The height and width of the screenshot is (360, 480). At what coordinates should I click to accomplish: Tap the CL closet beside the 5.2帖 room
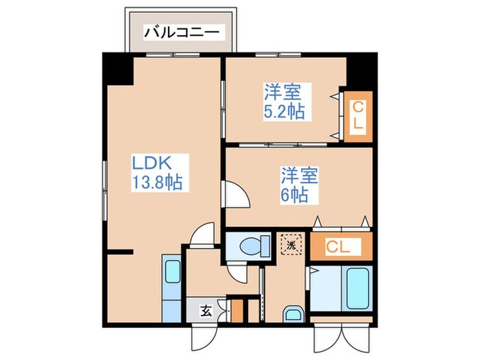coord(359,117)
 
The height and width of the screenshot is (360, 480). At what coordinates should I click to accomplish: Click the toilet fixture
coord(250,245)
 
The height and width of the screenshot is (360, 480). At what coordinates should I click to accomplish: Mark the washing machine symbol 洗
coord(291,244)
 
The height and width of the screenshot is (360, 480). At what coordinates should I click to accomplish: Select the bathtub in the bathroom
coord(357,289)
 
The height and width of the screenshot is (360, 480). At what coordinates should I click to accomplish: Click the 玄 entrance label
coord(205,311)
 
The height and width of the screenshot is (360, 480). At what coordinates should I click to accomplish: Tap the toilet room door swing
coord(237,272)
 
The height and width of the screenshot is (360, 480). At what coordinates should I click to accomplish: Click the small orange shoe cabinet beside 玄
coord(237,309)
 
